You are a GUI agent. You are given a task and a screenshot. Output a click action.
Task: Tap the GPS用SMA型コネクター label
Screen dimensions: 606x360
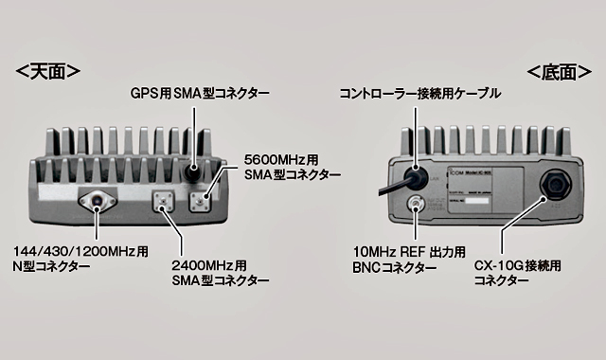(199, 94)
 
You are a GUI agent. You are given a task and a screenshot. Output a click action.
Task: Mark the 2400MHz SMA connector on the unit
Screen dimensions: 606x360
(163, 201)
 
